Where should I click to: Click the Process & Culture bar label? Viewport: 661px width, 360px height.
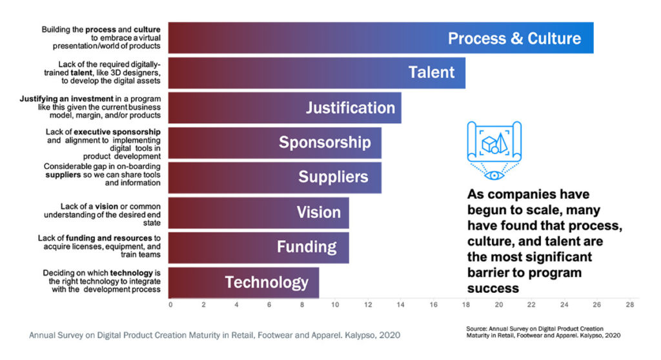(514, 38)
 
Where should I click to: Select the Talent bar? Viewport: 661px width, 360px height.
(316, 72)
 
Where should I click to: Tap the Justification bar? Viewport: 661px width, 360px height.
(284, 107)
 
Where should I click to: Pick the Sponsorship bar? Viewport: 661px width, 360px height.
(274, 142)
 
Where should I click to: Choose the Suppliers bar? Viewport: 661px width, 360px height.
(274, 177)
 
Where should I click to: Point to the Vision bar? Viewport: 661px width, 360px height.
(258, 212)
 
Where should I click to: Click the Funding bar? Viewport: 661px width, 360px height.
(258, 247)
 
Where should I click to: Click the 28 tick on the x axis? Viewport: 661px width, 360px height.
(630, 305)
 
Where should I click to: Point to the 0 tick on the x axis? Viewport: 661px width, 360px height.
(170, 305)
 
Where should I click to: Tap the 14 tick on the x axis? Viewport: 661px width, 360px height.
(400, 305)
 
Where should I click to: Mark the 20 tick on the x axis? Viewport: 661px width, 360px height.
(499, 305)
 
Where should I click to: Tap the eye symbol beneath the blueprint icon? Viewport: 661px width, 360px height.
(494, 174)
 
